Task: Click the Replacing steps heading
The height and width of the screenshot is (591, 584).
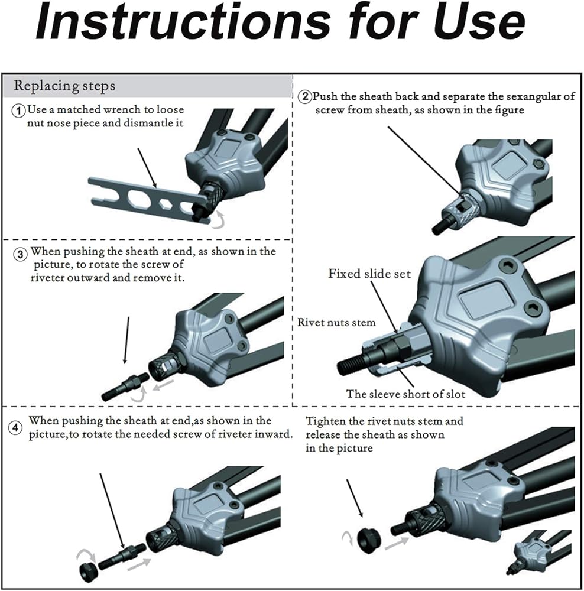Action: pyautogui.click(x=64, y=86)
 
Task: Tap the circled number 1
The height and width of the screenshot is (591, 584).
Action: pyautogui.click(x=18, y=111)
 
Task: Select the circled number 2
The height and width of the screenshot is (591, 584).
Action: pyautogui.click(x=305, y=97)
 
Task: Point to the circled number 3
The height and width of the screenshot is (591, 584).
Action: pyautogui.click(x=20, y=254)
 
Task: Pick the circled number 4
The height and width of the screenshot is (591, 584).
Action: pyautogui.click(x=15, y=428)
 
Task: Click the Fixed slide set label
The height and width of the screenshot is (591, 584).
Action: pyautogui.click(x=369, y=274)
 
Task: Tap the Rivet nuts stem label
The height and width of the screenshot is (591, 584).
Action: pyautogui.click(x=337, y=323)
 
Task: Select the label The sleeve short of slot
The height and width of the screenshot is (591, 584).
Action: pyautogui.click(x=405, y=394)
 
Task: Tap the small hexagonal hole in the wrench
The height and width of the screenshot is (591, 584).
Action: pyautogui.click(x=165, y=204)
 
